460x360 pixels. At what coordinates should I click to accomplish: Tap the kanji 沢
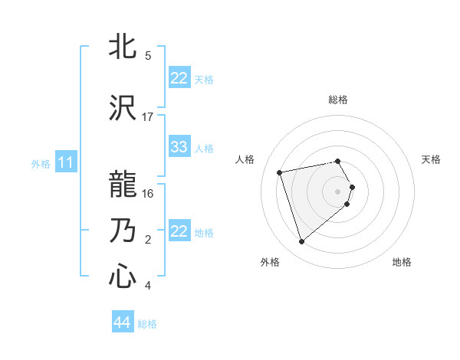click(x=123, y=107)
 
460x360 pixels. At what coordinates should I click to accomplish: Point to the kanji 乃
click(x=123, y=230)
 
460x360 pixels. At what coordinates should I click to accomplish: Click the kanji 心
click(x=123, y=277)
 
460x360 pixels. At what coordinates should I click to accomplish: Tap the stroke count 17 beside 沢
click(x=148, y=116)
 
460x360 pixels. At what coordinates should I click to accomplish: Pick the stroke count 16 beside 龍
click(x=148, y=194)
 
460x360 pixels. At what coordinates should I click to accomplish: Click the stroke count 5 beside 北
click(x=148, y=56)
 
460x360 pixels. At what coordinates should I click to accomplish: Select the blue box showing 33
click(x=179, y=147)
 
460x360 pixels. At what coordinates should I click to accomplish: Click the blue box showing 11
click(x=66, y=162)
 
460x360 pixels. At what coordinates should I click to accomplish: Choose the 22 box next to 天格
click(x=179, y=78)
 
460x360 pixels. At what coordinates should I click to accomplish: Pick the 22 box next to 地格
click(x=179, y=232)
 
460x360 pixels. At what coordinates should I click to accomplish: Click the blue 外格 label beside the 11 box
click(x=41, y=163)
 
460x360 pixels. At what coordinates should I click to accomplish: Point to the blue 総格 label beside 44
click(x=147, y=324)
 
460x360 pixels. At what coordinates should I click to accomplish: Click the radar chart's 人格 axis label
click(x=245, y=159)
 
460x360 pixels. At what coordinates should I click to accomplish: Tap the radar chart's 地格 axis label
click(x=402, y=262)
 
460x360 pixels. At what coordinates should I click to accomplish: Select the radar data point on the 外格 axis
click(x=302, y=242)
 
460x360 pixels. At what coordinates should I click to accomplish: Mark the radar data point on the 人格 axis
click(x=280, y=172)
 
